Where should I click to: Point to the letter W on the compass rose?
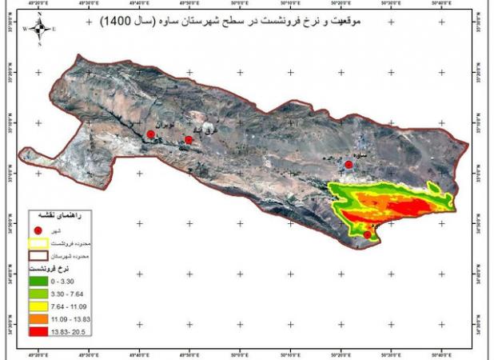tap(26, 29)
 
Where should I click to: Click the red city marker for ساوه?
tap(349, 165)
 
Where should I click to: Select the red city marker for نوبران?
tap(150, 134)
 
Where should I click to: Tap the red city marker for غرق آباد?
tap(189, 140)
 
